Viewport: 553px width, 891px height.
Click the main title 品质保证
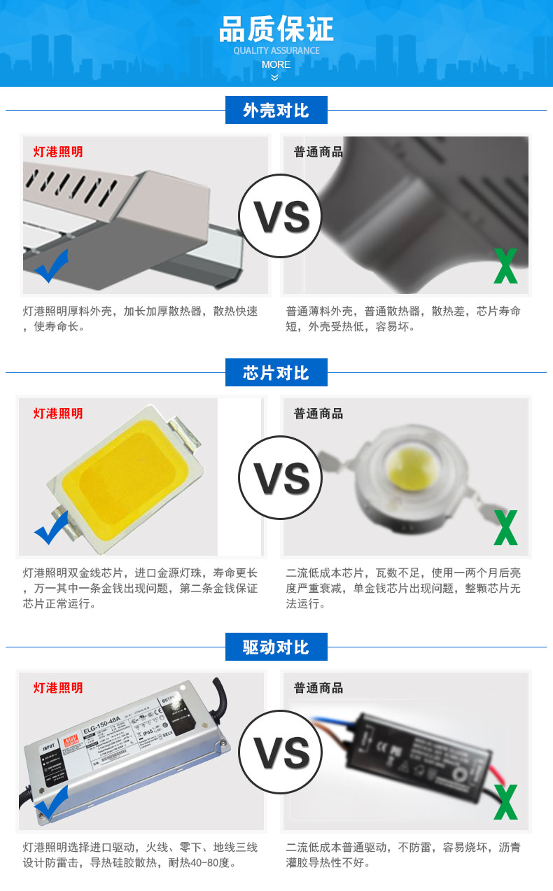[276, 29]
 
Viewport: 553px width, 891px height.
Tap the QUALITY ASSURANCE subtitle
[276, 50]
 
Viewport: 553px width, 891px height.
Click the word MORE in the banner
[276, 64]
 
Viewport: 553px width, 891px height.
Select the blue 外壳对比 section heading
[276, 111]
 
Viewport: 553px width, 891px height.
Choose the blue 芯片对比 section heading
[276, 372]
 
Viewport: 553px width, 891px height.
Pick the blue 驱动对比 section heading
[276, 647]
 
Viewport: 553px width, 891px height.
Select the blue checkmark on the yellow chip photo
[51, 528]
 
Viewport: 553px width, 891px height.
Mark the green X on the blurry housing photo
[505, 266]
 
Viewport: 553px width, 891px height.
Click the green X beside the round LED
[505, 528]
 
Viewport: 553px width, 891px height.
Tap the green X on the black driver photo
[505, 802]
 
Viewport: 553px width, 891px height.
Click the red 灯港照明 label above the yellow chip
[58, 414]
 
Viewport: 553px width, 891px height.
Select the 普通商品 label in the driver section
[318, 688]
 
